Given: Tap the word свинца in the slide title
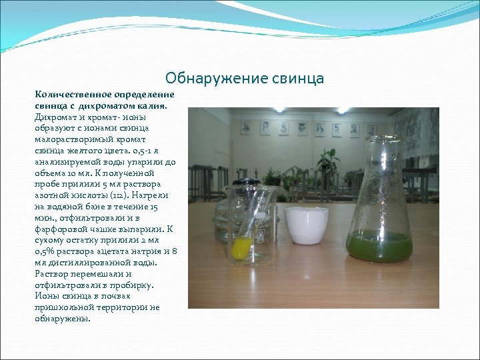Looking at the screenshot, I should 298,79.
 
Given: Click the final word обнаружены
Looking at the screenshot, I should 62,319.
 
